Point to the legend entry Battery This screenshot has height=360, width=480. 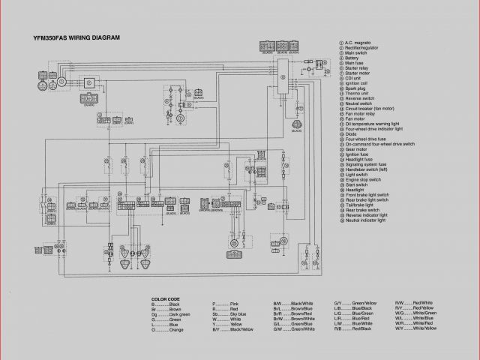[x=352, y=58]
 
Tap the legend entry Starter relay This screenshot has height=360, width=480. [x=356, y=67]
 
